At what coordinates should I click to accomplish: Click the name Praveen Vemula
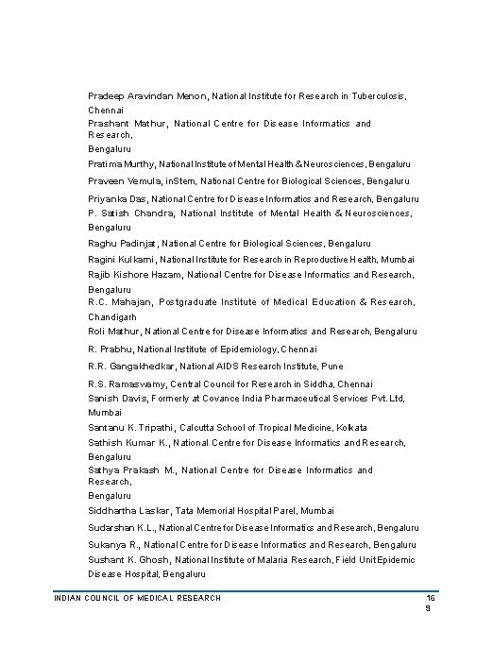(121, 181)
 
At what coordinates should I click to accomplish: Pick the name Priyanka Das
(117, 200)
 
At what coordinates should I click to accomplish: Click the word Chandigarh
(112, 316)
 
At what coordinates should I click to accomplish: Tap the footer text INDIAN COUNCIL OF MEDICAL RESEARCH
(137, 598)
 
